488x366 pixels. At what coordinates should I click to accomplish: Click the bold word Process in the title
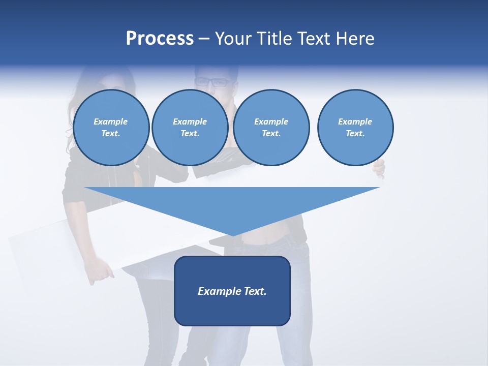[160, 39]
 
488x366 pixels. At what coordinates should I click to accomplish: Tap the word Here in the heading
[355, 39]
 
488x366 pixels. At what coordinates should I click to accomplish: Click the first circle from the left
[111, 127]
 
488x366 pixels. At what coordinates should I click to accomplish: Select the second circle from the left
[190, 127]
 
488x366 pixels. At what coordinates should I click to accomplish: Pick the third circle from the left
[271, 127]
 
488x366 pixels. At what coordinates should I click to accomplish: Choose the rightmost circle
[355, 127]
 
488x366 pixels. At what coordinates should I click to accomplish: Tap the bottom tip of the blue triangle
[233, 234]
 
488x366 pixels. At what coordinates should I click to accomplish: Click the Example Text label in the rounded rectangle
[232, 291]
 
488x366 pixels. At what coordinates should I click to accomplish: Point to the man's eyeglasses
[211, 82]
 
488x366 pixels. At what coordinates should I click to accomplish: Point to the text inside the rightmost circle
[355, 128]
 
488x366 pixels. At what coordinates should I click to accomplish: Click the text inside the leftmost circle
[111, 128]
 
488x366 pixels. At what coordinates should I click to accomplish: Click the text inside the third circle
[271, 128]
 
